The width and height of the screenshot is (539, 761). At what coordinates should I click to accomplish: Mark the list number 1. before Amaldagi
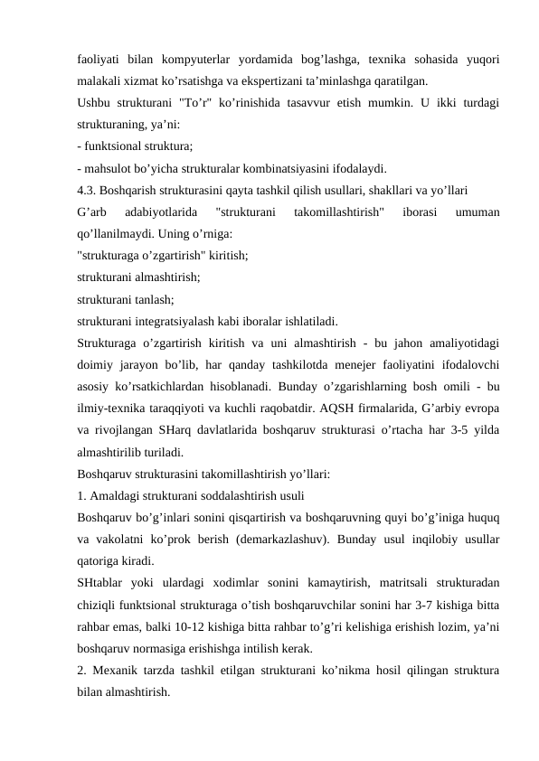[81, 496]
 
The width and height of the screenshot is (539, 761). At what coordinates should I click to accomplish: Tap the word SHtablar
[103, 584]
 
